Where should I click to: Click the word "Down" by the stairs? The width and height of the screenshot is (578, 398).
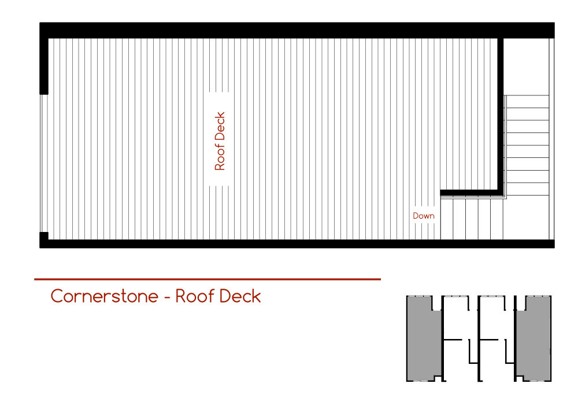[423, 216]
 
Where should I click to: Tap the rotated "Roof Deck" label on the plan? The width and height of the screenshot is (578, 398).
[220, 141]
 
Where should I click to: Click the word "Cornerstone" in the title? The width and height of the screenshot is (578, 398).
[104, 296]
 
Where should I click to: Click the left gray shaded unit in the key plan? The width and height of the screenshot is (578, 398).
[424, 338]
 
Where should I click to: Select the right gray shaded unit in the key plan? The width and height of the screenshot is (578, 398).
[533, 338]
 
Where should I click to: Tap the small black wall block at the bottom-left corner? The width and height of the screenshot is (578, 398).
[43, 237]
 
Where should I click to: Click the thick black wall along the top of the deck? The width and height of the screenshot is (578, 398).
[289, 30]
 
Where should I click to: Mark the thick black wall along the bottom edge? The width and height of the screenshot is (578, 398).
[289, 244]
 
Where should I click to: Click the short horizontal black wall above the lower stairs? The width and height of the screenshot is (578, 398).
[471, 192]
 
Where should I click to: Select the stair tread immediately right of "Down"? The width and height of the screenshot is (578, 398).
[446, 219]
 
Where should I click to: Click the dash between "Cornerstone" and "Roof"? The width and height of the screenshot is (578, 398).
[166, 297]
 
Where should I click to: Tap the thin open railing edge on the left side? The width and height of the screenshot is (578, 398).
[40, 162]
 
